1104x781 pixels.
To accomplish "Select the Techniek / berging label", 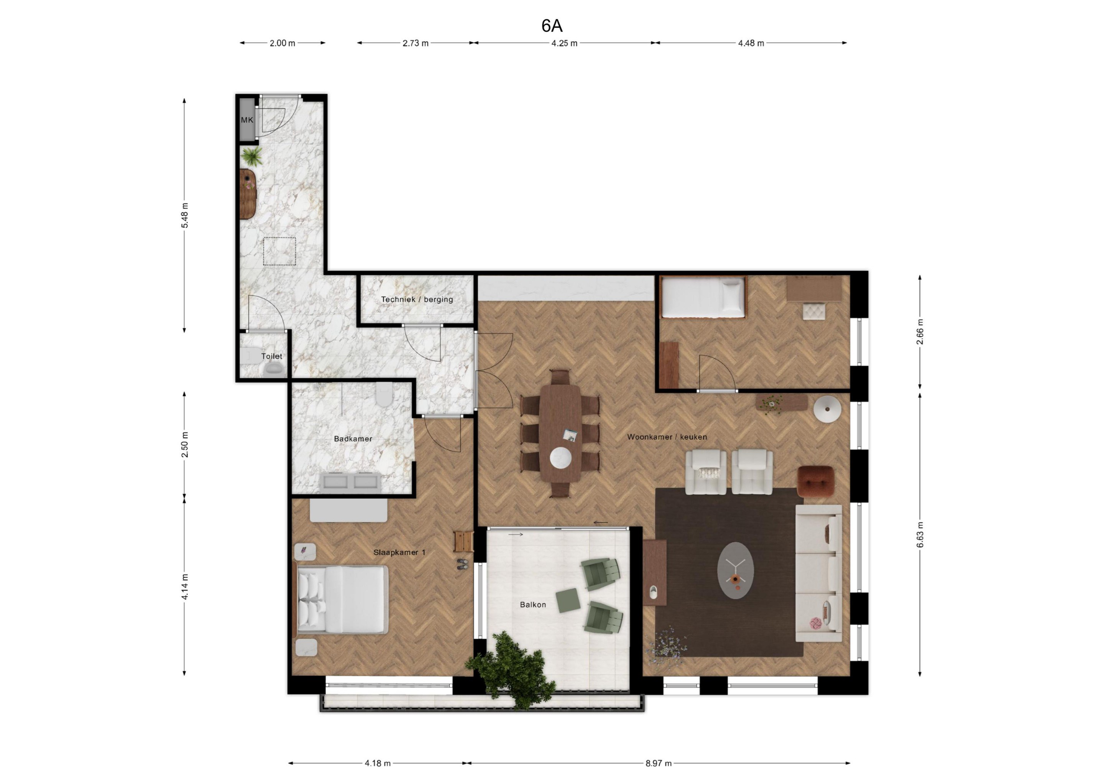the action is pos(417,299).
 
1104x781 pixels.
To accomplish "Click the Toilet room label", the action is pos(272,356).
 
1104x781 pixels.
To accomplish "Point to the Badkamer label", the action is pos(353,439).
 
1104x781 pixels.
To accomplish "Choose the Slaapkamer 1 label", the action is pos(399,552).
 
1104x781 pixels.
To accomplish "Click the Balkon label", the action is pos(533,605).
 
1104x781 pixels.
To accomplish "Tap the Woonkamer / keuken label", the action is pos(667,437).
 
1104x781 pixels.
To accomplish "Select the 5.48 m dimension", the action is pos(185,216).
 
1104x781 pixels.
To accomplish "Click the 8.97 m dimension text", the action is pos(659,763).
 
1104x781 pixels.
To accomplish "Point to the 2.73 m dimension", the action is pos(416,43).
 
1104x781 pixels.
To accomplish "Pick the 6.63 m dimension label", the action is pos(920,535).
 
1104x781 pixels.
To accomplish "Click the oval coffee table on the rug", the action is pos(735,571).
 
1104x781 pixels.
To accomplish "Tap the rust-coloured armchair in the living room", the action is pos(815,481).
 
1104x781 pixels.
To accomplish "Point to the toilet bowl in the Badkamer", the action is pos(384,395).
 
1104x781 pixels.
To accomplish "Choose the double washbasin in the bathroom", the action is pos(350,482).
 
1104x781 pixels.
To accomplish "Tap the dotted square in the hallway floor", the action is pos(279,251).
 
